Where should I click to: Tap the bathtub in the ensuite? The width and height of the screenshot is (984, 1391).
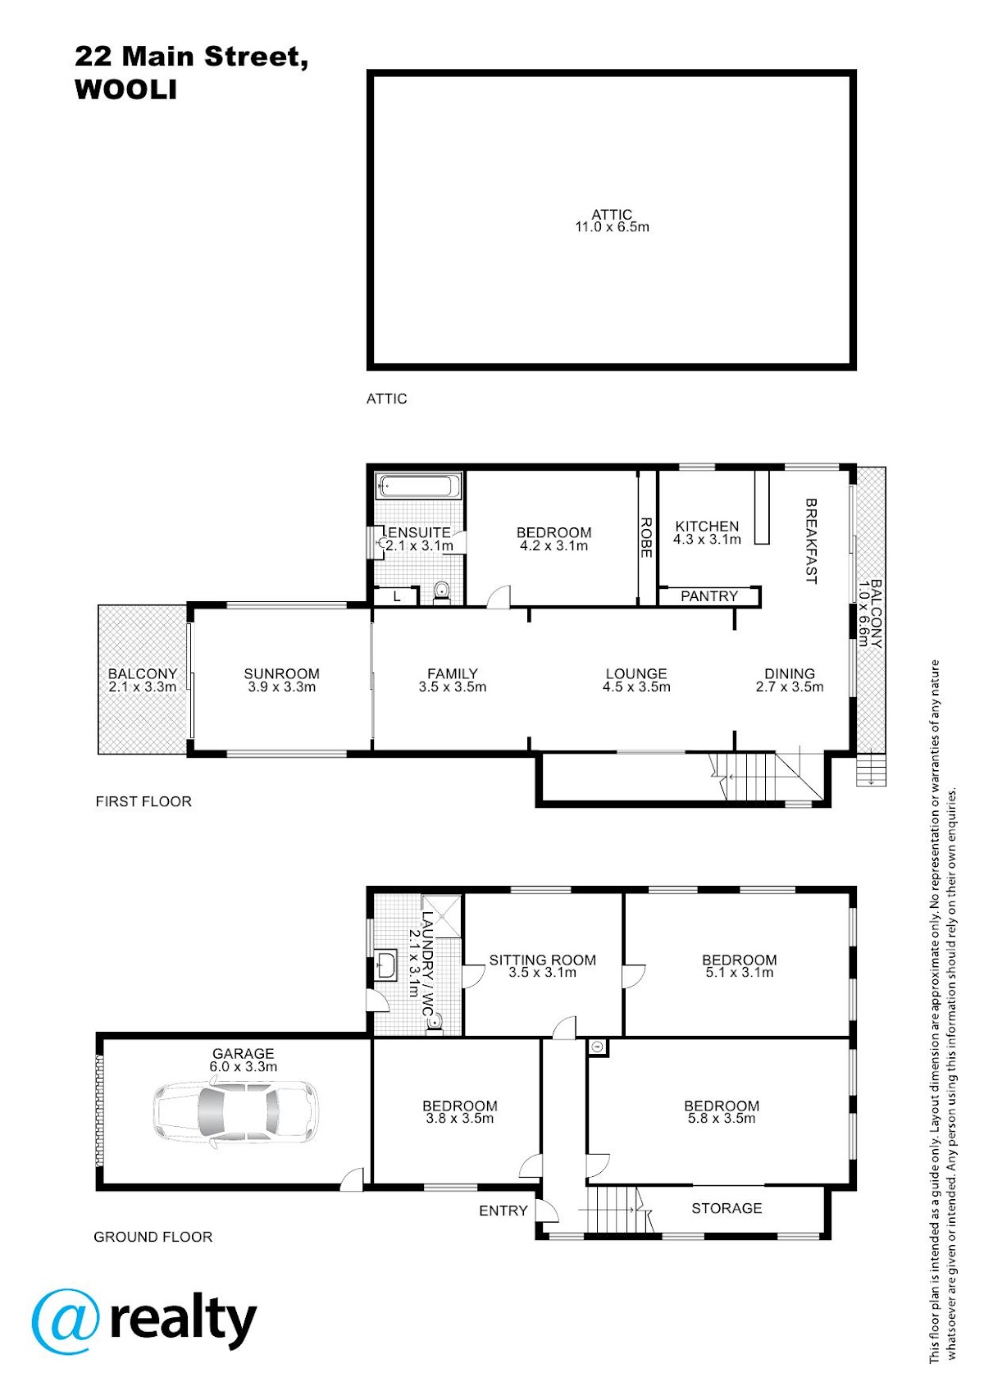(x=419, y=485)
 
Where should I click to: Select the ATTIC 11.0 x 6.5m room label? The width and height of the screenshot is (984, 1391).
(x=612, y=221)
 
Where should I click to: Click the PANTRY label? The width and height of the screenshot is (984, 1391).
(x=709, y=596)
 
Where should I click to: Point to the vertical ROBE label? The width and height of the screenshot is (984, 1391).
(x=645, y=538)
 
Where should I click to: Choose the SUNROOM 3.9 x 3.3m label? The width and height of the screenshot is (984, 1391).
(x=281, y=680)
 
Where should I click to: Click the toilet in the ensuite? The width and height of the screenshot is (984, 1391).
(x=441, y=592)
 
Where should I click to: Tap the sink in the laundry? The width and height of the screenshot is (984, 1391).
(x=385, y=965)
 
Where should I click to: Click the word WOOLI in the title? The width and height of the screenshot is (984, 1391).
(x=126, y=89)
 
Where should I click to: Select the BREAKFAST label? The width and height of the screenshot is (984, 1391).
(x=811, y=540)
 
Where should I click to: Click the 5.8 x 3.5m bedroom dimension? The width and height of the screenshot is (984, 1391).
(x=722, y=1119)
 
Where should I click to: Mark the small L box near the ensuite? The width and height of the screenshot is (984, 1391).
(x=396, y=597)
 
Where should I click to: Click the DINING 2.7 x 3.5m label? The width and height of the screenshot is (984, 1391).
(x=790, y=680)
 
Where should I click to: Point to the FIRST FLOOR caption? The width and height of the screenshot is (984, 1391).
(x=143, y=801)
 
